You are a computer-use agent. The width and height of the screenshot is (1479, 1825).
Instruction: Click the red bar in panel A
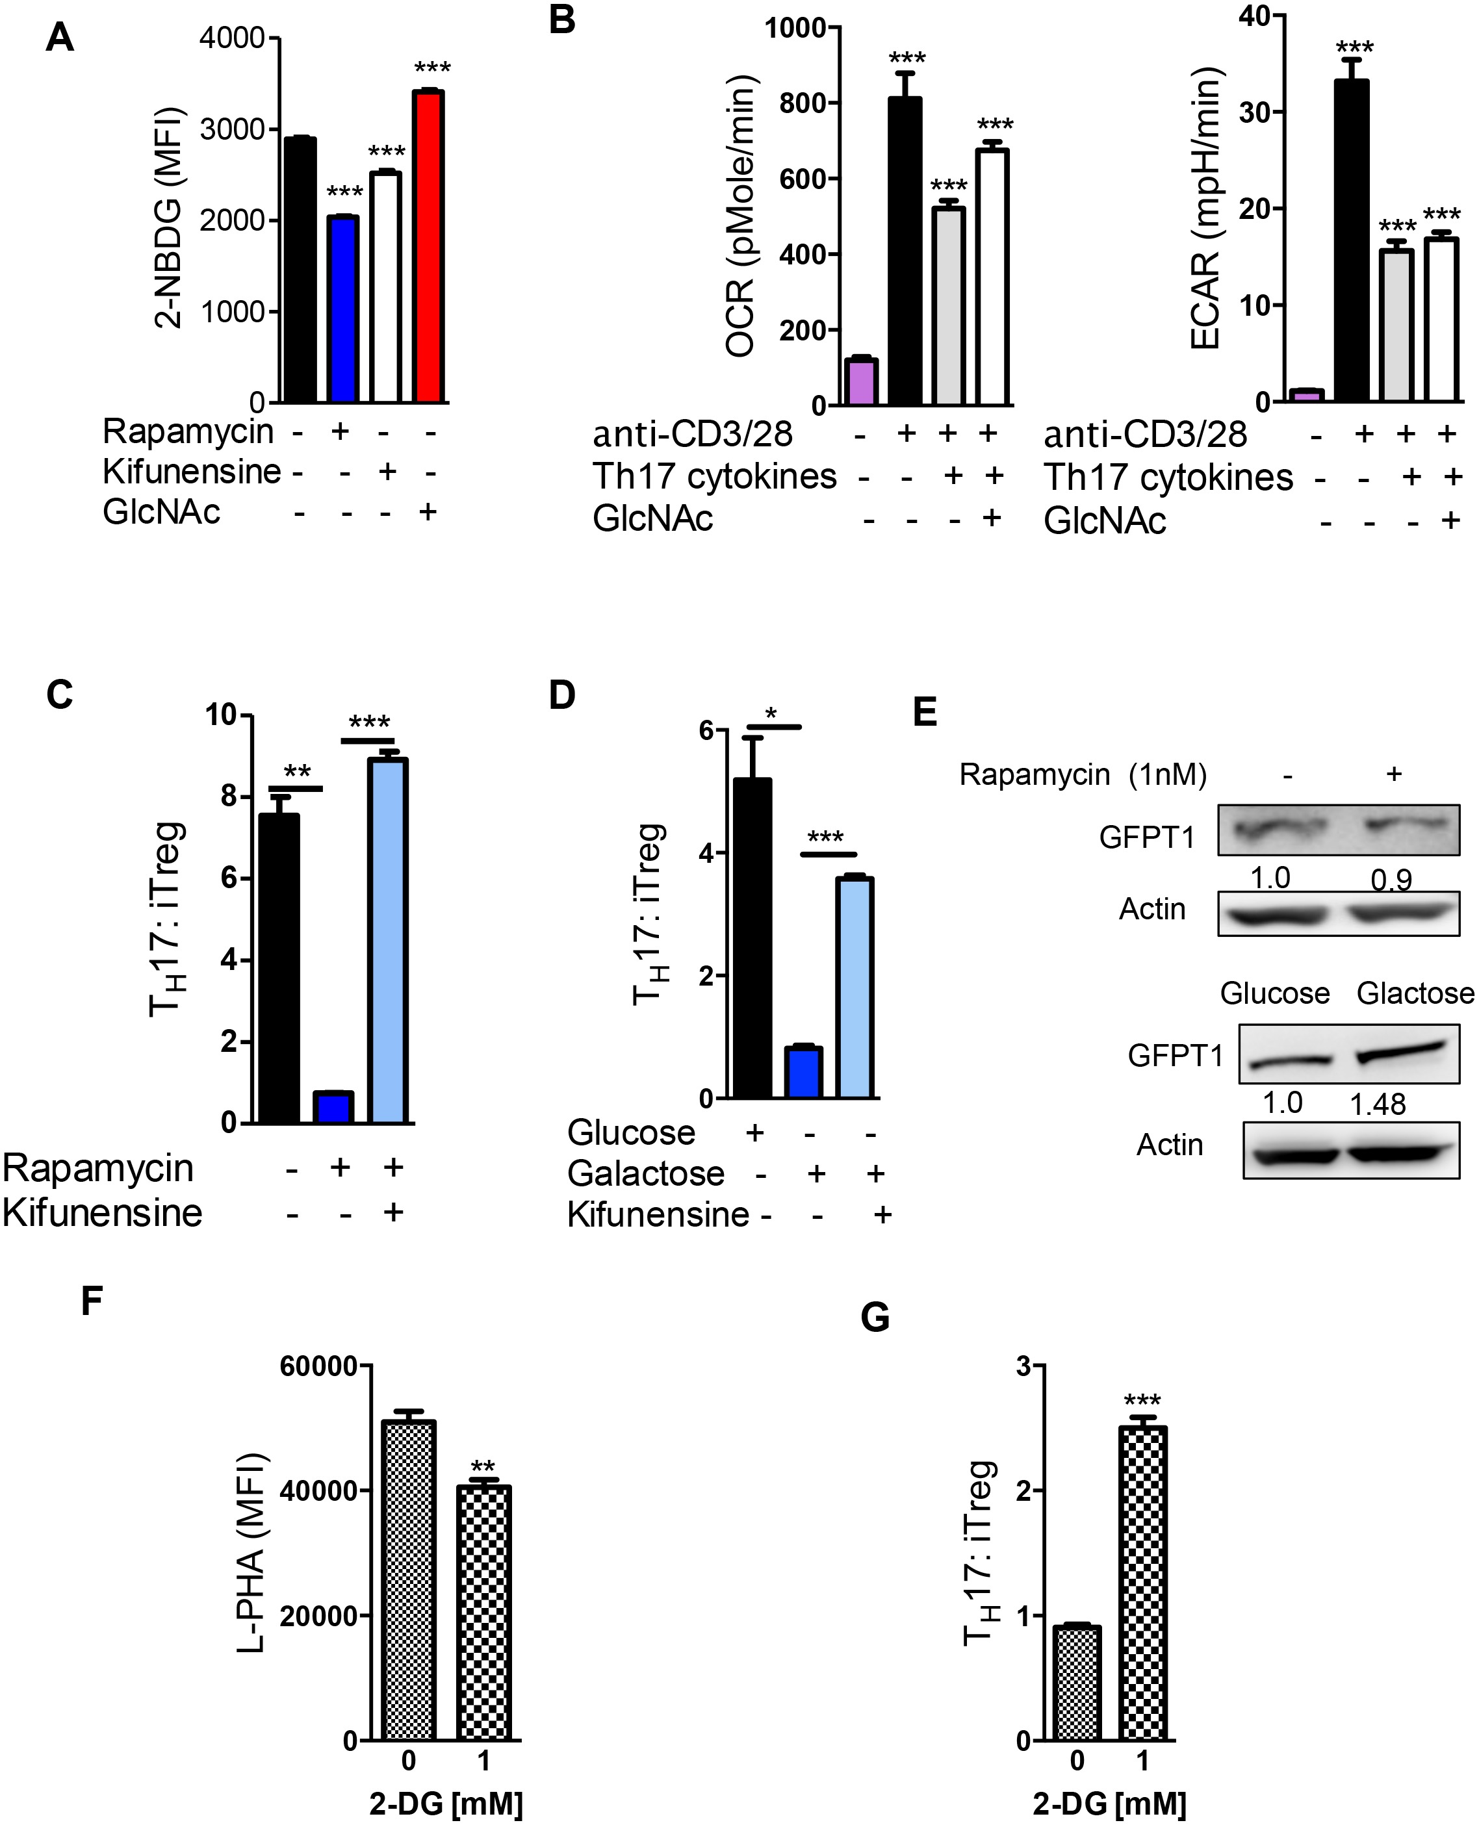pos(428,246)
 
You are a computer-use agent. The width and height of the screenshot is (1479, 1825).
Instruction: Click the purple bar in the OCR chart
pos(860,383)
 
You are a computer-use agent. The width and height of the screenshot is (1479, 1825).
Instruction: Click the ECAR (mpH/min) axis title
pos(1205,209)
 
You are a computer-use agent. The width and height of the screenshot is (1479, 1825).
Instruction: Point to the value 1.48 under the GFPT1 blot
pos(1377,1104)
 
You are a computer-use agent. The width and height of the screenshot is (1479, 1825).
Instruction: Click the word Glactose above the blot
pos(1414,993)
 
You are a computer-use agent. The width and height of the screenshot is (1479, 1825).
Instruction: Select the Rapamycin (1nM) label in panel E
pos(1083,774)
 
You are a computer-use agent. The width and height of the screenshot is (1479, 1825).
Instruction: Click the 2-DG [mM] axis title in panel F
pos(446,1804)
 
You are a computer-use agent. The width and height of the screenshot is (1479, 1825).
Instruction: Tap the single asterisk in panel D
pos(772,713)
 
